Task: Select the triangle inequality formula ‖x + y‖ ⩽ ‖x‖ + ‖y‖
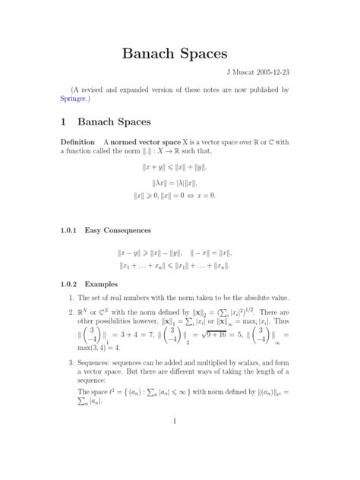pyautogui.click(x=179, y=167)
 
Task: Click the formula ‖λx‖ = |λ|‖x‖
pyautogui.click(x=179, y=182)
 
